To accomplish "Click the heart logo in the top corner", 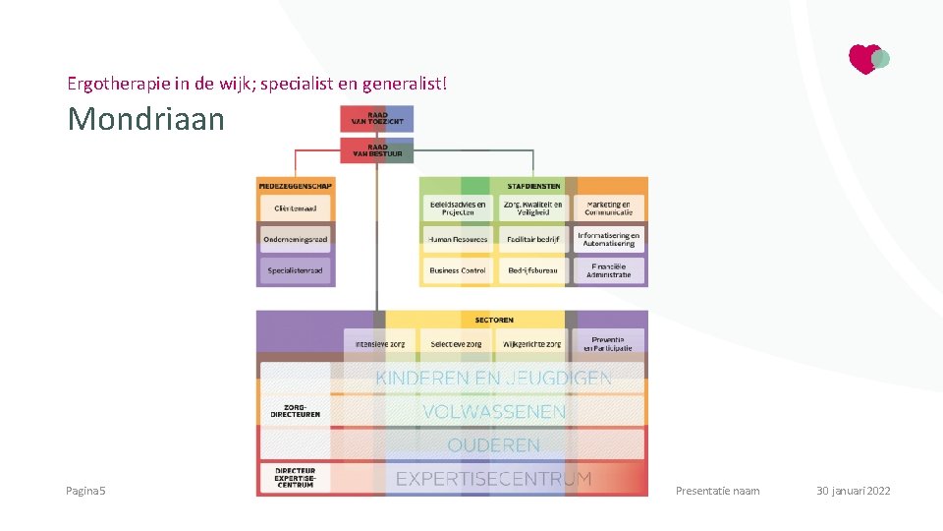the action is click(x=867, y=59).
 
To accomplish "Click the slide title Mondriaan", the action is click(x=145, y=119).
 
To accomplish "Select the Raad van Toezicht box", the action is click(x=377, y=119).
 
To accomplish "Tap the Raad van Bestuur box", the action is click(x=377, y=150).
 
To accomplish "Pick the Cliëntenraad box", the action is click(x=295, y=208).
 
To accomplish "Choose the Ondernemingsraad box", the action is click(x=295, y=239).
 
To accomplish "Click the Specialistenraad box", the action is click(x=295, y=270).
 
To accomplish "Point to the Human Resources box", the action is click(x=458, y=239).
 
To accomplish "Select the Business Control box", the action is click(x=458, y=270).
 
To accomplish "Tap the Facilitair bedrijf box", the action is click(x=533, y=239).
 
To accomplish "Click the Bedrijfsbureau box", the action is click(x=533, y=270).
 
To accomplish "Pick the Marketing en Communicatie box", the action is click(x=609, y=208).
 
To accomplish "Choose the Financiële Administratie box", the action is click(x=609, y=270).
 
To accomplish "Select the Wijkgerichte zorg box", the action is click(x=532, y=344).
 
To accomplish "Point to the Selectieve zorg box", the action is click(x=457, y=344).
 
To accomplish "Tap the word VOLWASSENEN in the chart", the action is click(x=494, y=411).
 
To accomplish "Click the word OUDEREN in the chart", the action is click(x=494, y=445).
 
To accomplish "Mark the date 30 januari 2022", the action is click(x=853, y=491).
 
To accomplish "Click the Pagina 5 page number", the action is click(x=86, y=491).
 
